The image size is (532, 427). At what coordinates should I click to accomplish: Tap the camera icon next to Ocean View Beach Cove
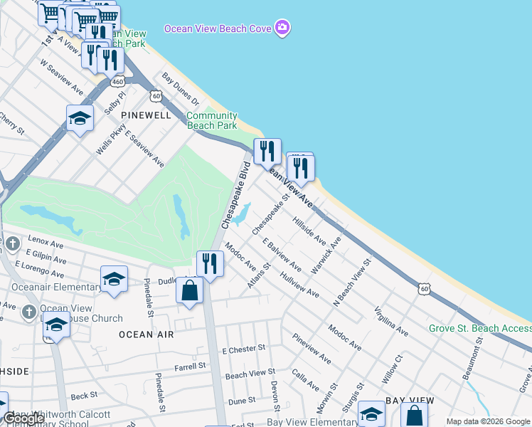(x=283, y=28)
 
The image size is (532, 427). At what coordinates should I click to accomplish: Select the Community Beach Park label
(x=211, y=120)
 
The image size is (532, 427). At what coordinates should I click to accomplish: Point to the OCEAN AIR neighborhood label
(x=146, y=334)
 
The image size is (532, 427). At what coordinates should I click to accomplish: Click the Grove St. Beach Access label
(x=479, y=328)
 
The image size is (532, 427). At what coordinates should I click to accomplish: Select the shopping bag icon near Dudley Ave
(x=190, y=290)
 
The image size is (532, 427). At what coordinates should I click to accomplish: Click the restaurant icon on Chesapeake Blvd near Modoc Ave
(x=210, y=263)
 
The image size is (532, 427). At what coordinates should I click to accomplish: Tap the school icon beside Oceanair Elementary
(x=114, y=278)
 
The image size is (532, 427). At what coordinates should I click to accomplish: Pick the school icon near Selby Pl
(x=80, y=117)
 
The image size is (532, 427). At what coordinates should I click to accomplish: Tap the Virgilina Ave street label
(x=390, y=321)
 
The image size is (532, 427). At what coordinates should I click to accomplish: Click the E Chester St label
(x=243, y=350)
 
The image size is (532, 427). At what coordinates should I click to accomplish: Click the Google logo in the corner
(x=24, y=418)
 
